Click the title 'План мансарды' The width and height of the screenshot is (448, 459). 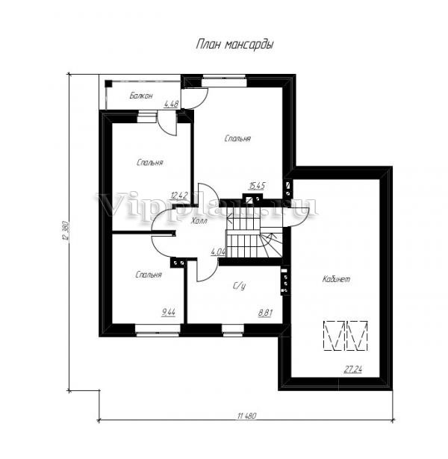[x=235, y=45]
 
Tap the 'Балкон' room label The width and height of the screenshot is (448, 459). [x=141, y=96]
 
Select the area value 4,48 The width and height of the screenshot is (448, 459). [x=171, y=103]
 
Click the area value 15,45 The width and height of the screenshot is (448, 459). [x=258, y=186]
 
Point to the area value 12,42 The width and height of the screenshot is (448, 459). [x=179, y=196]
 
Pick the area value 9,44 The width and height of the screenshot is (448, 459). [x=169, y=313]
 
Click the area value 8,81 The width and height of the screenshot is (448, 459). [x=265, y=313]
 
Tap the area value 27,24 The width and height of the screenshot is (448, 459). [x=353, y=369]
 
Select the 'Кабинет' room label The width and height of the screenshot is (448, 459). [x=336, y=279]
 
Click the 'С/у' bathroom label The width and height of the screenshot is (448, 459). [x=239, y=287]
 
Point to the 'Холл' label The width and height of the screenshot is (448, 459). [x=199, y=221]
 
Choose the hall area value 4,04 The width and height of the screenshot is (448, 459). [x=218, y=252]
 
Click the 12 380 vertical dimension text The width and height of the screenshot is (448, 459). [x=65, y=231]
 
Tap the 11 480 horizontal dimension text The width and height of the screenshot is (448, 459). [x=247, y=416]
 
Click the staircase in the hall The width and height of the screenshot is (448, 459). [x=254, y=235]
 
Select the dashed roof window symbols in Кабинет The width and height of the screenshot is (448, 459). [x=346, y=336]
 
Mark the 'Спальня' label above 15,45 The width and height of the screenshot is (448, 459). [x=237, y=139]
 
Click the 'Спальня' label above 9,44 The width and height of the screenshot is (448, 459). [x=149, y=275]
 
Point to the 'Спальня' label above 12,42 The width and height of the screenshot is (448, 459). [x=149, y=163]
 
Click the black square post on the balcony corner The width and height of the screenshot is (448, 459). [x=108, y=83]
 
